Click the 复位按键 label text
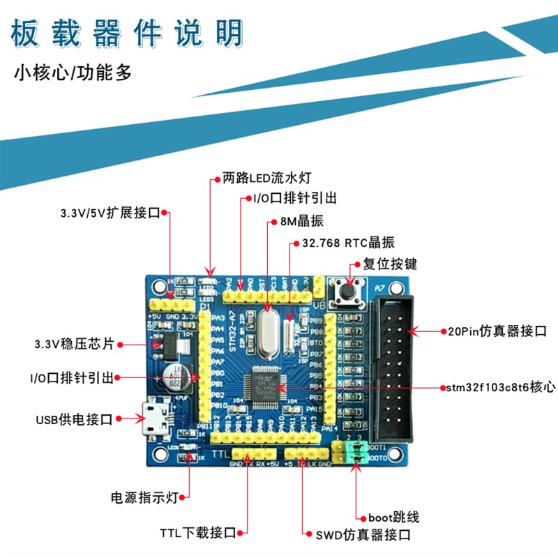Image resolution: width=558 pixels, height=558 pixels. pyautogui.click(x=390, y=264)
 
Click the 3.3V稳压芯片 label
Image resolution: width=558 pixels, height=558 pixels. pyautogui.click(x=75, y=344)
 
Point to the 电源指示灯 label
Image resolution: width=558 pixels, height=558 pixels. pyautogui.click(x=144, y=497)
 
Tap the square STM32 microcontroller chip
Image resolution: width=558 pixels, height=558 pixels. pyautogui.click(x=261, y=382)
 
